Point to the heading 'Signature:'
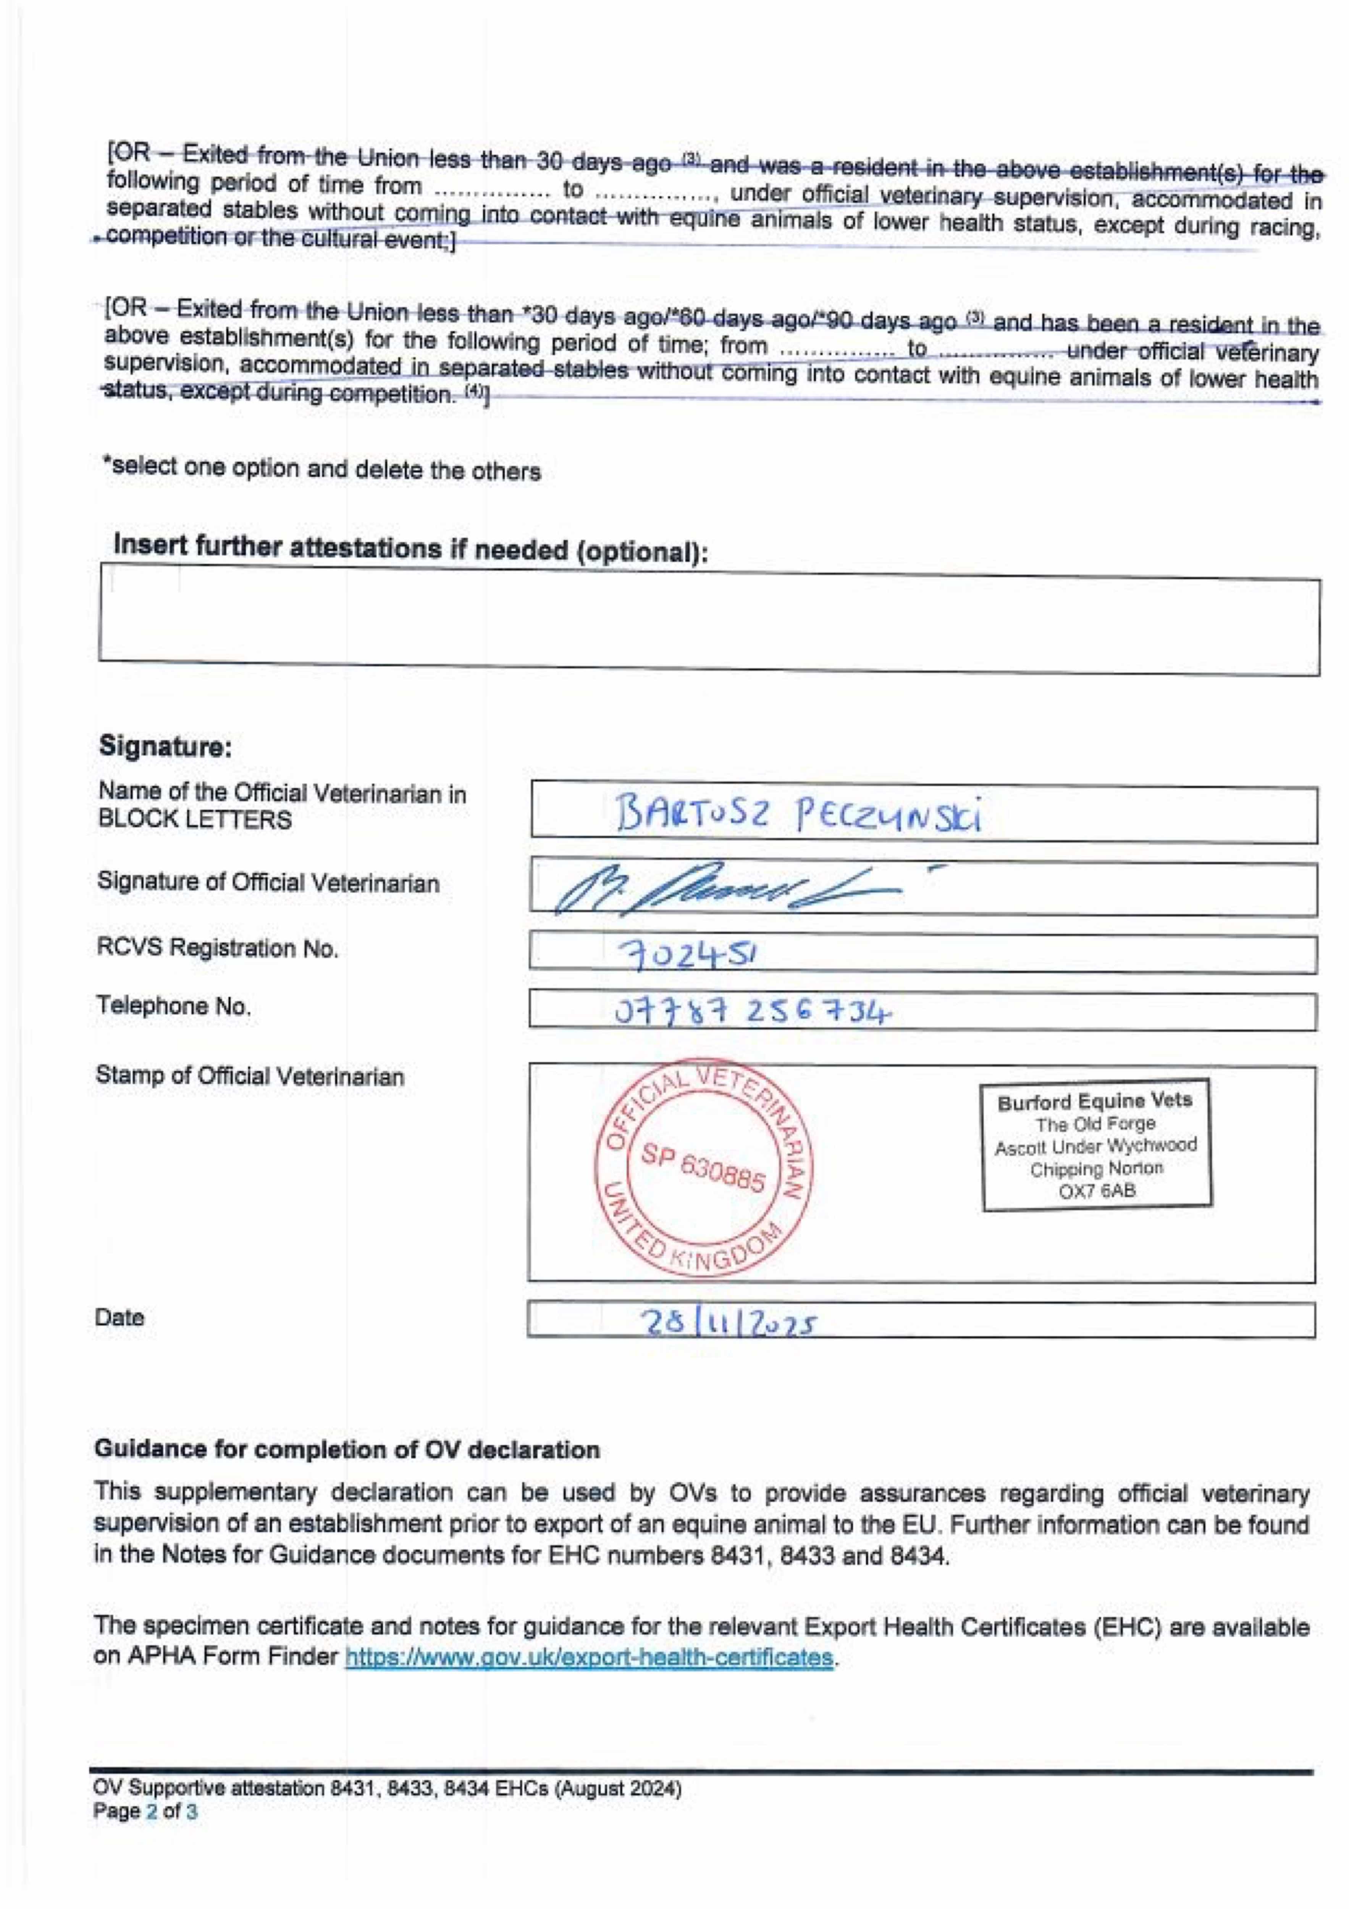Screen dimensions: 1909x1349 [165, 746]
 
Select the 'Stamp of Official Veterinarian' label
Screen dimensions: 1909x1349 [249, 1076]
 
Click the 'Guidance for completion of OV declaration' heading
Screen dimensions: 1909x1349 [347, 1449]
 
